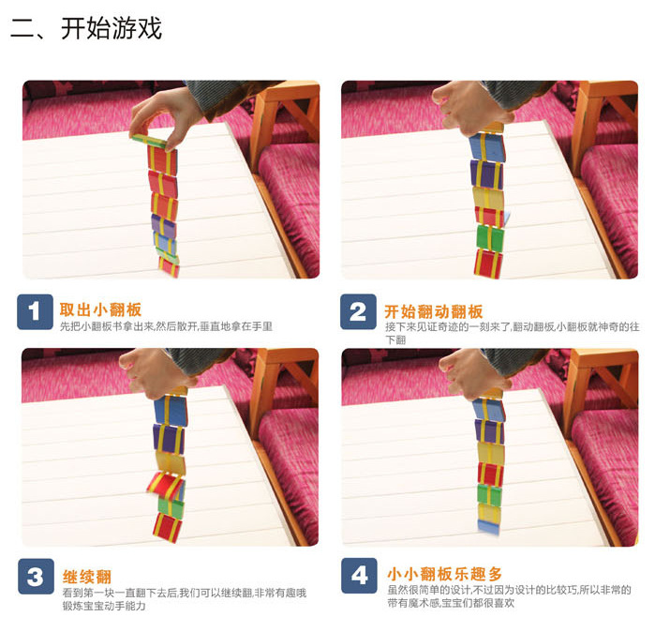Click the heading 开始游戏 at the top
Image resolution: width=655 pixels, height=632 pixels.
(112, 28)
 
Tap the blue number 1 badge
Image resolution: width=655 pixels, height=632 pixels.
(35, 312)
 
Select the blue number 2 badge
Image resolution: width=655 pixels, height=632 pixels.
(358, 312)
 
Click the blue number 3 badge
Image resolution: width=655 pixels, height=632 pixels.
(36, 577)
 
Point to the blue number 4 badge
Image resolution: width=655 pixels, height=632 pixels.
(359, 576)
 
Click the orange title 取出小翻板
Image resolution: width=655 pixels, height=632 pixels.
(100, 309)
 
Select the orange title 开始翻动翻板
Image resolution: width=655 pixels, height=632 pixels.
(434, 311)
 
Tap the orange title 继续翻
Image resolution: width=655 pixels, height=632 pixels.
(87, 577)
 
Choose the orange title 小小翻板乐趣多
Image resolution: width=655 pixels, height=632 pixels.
(444, 574)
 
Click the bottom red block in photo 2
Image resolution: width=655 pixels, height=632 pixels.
(488, 263)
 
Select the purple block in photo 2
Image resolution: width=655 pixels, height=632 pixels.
(486, 173)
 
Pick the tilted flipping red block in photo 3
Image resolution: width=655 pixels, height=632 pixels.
(166, 486)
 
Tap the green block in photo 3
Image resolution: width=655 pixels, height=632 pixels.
(171, 506)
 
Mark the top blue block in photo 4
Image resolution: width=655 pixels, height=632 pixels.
(489, 410)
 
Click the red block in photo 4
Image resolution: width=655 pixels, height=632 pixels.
(490, 474)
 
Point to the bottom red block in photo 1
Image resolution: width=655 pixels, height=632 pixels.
(169, 266)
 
